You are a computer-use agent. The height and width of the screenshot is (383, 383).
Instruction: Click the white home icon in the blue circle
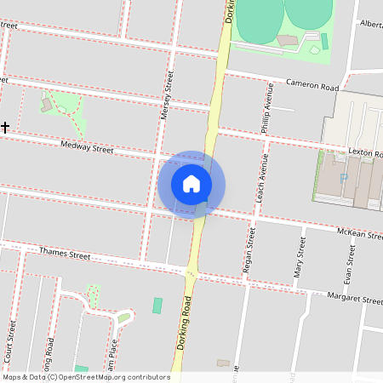pyautogui.click(x=191, y=183)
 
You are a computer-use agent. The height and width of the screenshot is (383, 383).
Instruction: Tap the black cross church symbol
pyautogui.click(x=5, y=127)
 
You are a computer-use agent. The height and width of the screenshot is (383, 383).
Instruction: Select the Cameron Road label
pyautogui.click(x=312, y=86)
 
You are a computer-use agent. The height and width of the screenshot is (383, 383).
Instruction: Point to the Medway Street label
pyautogui.click(x=87, y=148)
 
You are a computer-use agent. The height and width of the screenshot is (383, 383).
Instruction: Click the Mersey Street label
pyautogui.click(x=167, y=94)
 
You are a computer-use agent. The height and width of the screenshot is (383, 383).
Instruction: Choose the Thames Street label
pyautogui.click(x=65, y=253)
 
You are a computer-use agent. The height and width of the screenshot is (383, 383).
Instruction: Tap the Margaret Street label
pyautogui.click(x=355, y=299)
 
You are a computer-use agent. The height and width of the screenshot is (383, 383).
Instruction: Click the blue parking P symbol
pyautogui.click(x=344, y=179)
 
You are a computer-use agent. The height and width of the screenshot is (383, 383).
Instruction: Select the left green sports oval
pyautogui.click(x=258, y=19)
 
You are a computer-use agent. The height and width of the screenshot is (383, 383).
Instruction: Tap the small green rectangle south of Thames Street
pyautogui.click(x=157, y=305)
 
